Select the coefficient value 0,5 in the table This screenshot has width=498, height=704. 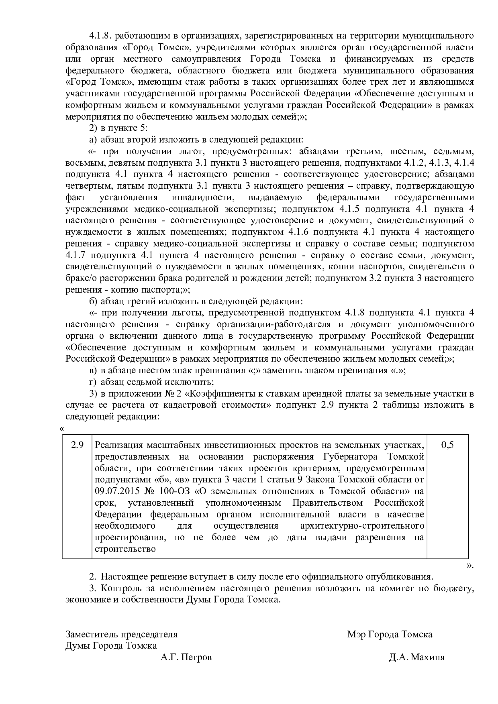tap(447, 445)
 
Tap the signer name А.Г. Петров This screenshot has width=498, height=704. tap(186, 657)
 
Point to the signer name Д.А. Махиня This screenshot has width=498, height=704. tap(416, 657)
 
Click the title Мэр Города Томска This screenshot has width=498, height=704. tap(390, 634)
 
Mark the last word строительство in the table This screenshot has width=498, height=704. tap(125, 549)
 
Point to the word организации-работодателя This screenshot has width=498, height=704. tap(274, 324)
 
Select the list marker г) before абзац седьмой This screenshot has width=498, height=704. tap(93, 382)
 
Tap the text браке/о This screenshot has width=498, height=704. tap(80, 278)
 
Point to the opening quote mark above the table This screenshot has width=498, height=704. tap(62, 428)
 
